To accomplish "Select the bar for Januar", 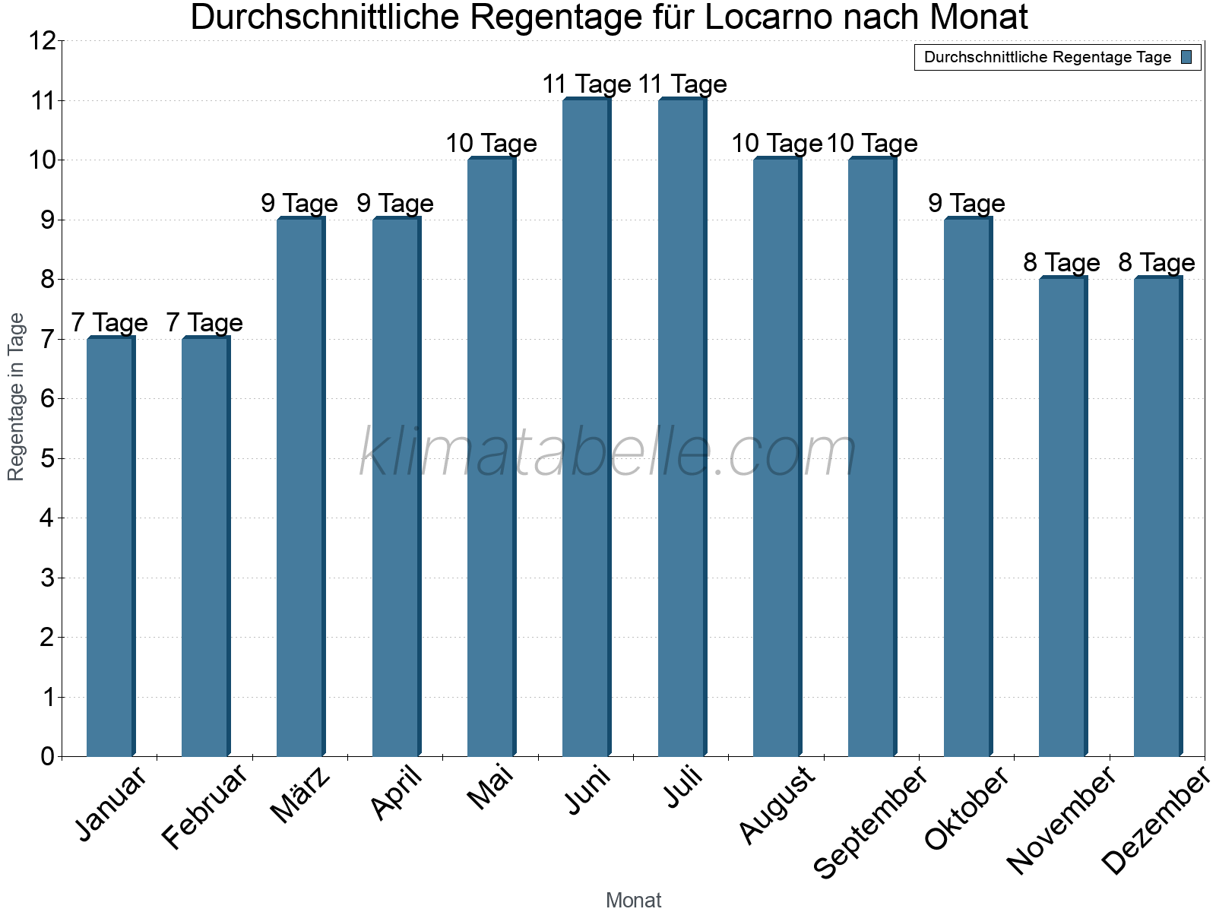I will [110, 547].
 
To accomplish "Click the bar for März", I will [300, 486].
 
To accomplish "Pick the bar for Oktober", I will [967, 486].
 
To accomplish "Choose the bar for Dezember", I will [1157, 517].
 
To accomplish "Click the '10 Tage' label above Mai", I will [491, 144].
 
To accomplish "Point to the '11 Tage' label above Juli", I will [682, 84].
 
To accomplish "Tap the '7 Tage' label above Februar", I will [204, 323].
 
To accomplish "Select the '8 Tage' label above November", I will [1062, 263].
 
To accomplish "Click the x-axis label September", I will [871, 821].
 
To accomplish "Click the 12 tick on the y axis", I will [43, 41].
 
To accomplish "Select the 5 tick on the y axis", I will [48, 459].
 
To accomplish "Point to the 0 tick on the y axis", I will [48, 757].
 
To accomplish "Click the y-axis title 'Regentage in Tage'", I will [16, 397].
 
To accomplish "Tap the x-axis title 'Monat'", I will [633, 901].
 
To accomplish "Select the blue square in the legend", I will [1186, 57].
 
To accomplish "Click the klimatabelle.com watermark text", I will [608, 453].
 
